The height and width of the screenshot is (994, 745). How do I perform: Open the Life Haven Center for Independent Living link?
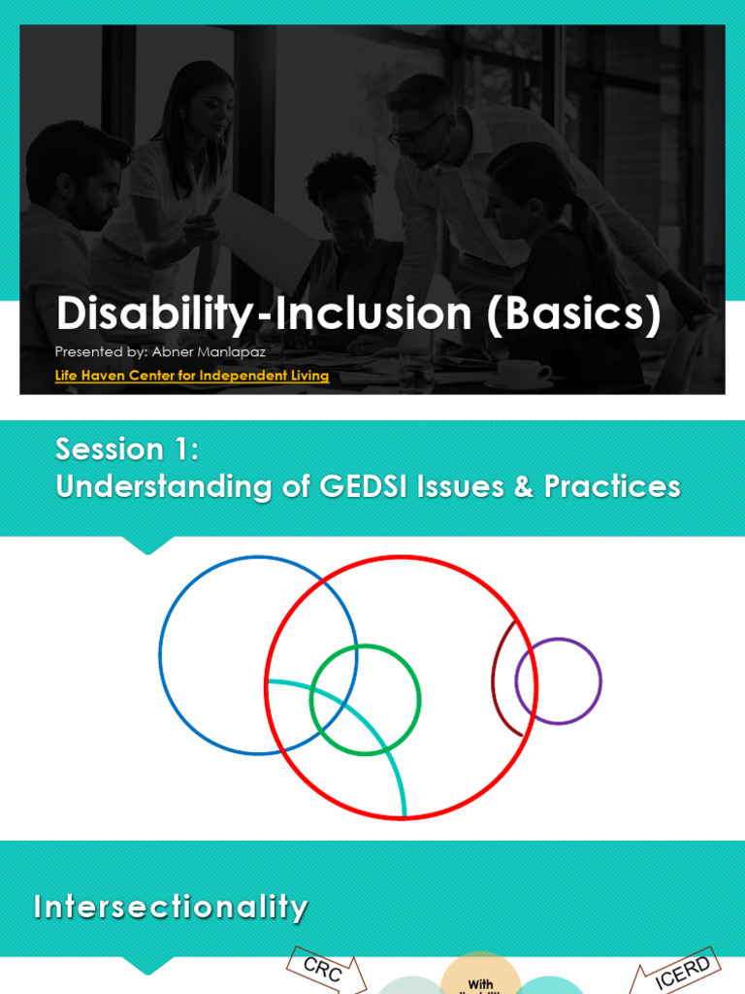point(192,376)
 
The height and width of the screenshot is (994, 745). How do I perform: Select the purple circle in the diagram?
point(558,680)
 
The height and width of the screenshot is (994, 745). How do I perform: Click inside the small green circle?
point(366,699)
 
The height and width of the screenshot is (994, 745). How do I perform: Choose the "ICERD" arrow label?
point(683,971)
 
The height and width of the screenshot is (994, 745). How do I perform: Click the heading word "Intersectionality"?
point(171,908)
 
